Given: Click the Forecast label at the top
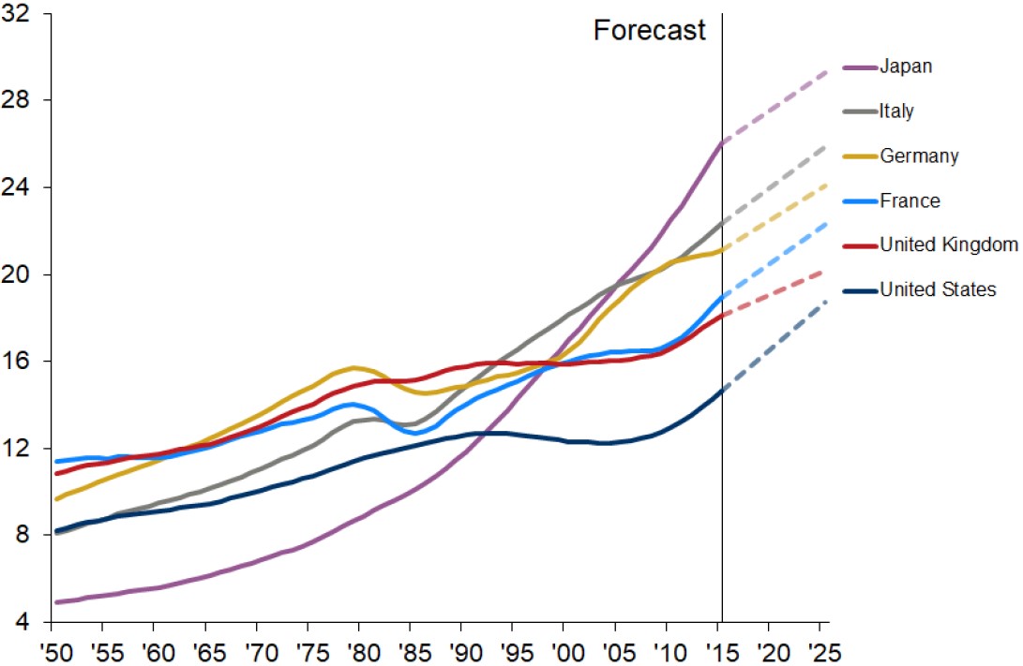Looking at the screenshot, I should [x=649, y=30].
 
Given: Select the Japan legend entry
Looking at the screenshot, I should [x=906, y=67].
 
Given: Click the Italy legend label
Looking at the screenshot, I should [x=896, y=111].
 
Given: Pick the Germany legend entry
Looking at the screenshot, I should [x=919, y=156].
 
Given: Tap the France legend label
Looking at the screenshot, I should [x=910, y=200].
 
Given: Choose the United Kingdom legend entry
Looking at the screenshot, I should [x=949, y=245].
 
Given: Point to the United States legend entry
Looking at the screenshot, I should [x=938, y=289].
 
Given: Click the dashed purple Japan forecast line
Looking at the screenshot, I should [x=774, y=105].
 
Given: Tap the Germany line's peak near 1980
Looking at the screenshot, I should [x=354, y=367].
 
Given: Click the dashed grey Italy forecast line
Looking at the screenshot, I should [x=774, y=183].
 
